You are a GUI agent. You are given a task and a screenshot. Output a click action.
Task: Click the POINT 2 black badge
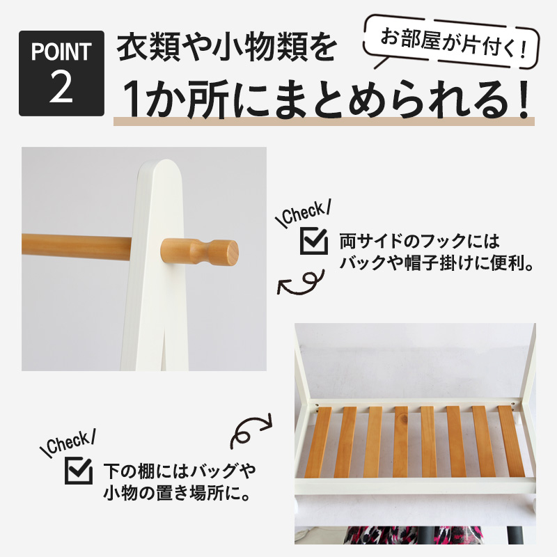[61, 73]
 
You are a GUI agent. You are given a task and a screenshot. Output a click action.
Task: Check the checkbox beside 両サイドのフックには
[313, 241]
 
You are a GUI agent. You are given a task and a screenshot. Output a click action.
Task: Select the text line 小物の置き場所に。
[177, 494]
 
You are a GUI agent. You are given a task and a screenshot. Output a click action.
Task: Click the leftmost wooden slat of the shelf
[322, 441]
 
